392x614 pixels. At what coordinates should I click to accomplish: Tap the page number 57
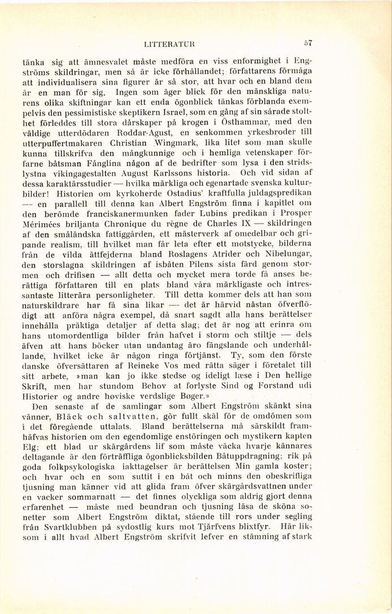307,41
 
